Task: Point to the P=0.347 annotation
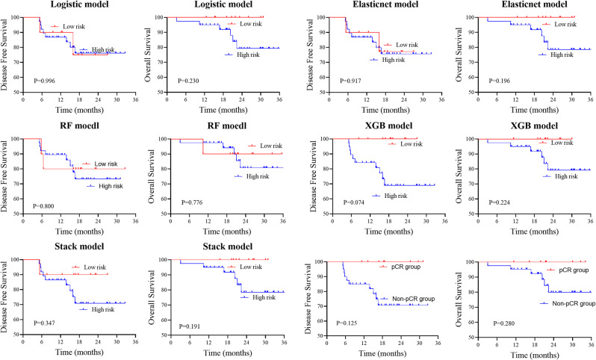[38, 323]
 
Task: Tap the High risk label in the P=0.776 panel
[249, 176]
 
